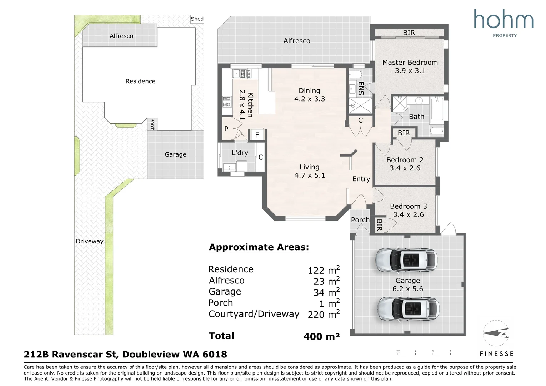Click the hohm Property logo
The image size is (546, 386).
coord(504,23)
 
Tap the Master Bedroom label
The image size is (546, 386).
coord(410,63)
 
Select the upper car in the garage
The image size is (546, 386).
coord(406,259)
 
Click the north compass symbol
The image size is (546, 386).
coord(496,333)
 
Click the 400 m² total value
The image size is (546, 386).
coord(321,336)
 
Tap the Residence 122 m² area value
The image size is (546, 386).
coord(324,270)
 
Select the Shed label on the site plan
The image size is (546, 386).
coord(197,19)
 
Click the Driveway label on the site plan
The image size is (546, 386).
coord(89,241)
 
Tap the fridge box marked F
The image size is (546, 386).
coord(257,135)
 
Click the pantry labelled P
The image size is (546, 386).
coord(226,129)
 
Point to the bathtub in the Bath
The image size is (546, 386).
coord(437,109)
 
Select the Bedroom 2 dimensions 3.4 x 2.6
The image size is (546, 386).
coord(405,168)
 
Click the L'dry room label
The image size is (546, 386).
coord(240,153)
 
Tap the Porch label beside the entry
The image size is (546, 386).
coord(360,220)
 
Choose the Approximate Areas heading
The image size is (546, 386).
coord(259,247)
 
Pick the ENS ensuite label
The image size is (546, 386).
coord(361,88)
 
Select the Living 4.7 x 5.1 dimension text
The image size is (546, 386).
coord(310,175)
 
